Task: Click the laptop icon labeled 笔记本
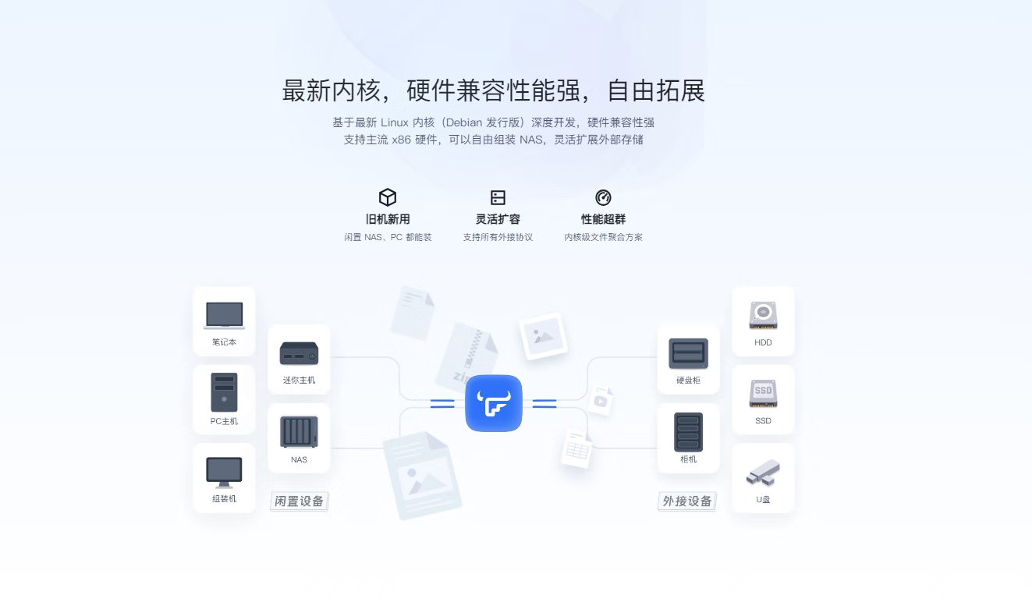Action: [x=224, y=315]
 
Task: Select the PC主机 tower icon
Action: [x=224, y=392]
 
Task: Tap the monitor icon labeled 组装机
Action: [x=224, y=472]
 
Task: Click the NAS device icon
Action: [x=299, y=432]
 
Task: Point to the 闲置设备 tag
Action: [x=299, y=501]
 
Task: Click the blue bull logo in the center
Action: [x=493, y=403]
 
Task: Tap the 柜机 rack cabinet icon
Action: [x=688, y=432]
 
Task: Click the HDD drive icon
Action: [x=763, y=315]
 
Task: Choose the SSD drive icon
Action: [x=763, y=393]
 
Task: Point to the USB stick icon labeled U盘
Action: [x=763, y=472]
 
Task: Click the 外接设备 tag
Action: [x=687, y=501]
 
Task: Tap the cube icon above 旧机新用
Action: [x=388, y=197]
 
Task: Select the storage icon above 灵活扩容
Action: [x=498, y=197]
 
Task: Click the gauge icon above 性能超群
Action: [x=603, y=197]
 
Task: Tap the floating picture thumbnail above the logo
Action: [x=543, y=336]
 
